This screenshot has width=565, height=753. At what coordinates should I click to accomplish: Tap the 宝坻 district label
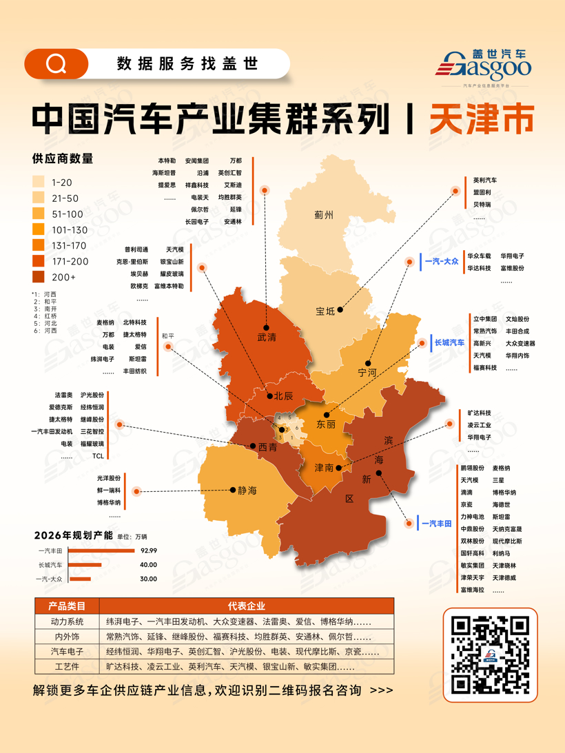325,311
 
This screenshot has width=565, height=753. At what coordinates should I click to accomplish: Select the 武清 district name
267,338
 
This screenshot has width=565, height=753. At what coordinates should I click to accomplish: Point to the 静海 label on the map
247,491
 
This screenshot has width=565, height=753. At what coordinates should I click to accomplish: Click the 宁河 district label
367,372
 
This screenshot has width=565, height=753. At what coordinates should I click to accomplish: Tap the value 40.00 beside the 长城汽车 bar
148,565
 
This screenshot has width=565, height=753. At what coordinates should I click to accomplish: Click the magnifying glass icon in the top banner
55,64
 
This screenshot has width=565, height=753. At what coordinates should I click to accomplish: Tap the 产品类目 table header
67,606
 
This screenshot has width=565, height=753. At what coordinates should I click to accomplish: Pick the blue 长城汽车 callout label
449,342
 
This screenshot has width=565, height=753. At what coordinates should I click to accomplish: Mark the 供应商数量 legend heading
63,158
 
